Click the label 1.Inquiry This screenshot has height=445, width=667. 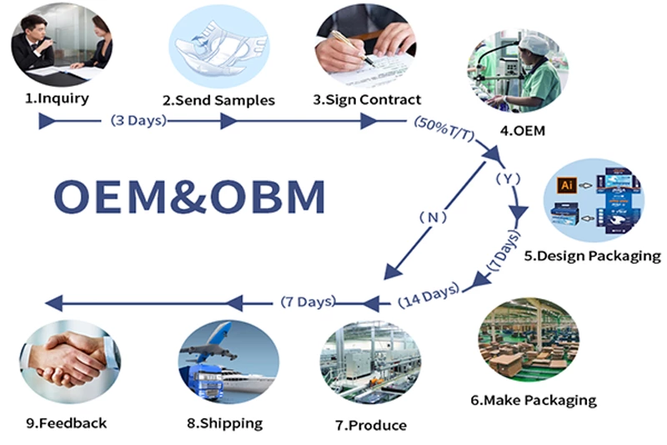(57, 98)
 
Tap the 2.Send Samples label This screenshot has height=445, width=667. (218, 100)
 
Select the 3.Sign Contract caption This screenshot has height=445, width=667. (366, 99)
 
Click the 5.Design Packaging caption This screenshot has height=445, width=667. (592, 255)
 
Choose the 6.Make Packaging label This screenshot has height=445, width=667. (534, 400)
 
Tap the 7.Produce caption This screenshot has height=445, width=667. (371, 425)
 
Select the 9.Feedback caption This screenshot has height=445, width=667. (66, 423)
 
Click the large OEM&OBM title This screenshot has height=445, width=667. (189, 197)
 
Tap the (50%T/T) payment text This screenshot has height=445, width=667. (444, 129)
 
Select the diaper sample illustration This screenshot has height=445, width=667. (218, 47)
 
